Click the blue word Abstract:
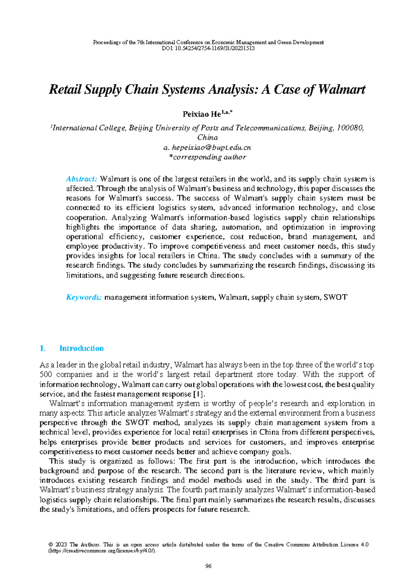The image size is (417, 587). point(81,179)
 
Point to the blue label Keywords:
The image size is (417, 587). point(84,297)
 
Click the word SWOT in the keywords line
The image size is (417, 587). point(335,297)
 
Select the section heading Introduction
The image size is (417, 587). point(81,348)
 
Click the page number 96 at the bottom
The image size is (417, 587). point(208,566)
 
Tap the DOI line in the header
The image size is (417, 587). point(208,48)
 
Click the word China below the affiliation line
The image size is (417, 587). point(207,138)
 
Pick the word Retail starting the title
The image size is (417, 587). point(65,90)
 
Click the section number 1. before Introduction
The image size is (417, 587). point(42,348)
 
